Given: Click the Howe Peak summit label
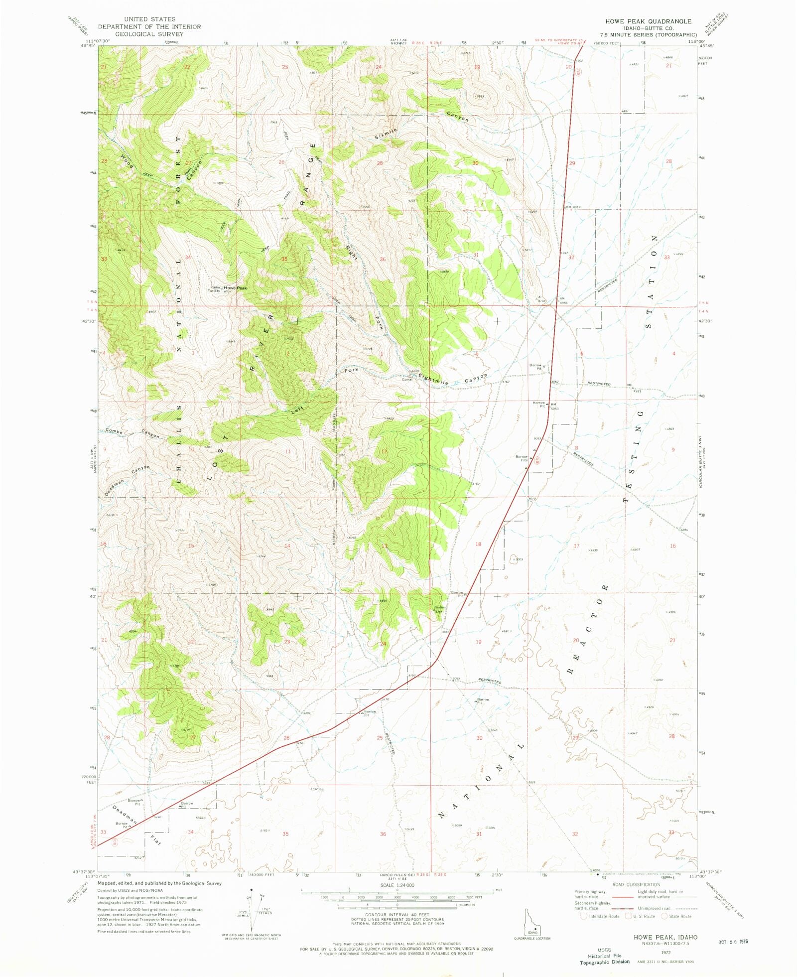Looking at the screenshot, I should [x=235, y=288].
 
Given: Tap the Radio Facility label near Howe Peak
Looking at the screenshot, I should [x=215, y=289].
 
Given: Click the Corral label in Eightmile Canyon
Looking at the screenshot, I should [x=407, y=379].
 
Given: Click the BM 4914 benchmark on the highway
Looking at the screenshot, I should [x=572, y=207].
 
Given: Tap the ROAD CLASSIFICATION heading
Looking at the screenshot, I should [x=636, y=884].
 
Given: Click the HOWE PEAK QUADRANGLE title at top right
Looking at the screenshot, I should [x=648, y=21].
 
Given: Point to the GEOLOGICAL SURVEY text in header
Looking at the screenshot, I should [x=149, y=34].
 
